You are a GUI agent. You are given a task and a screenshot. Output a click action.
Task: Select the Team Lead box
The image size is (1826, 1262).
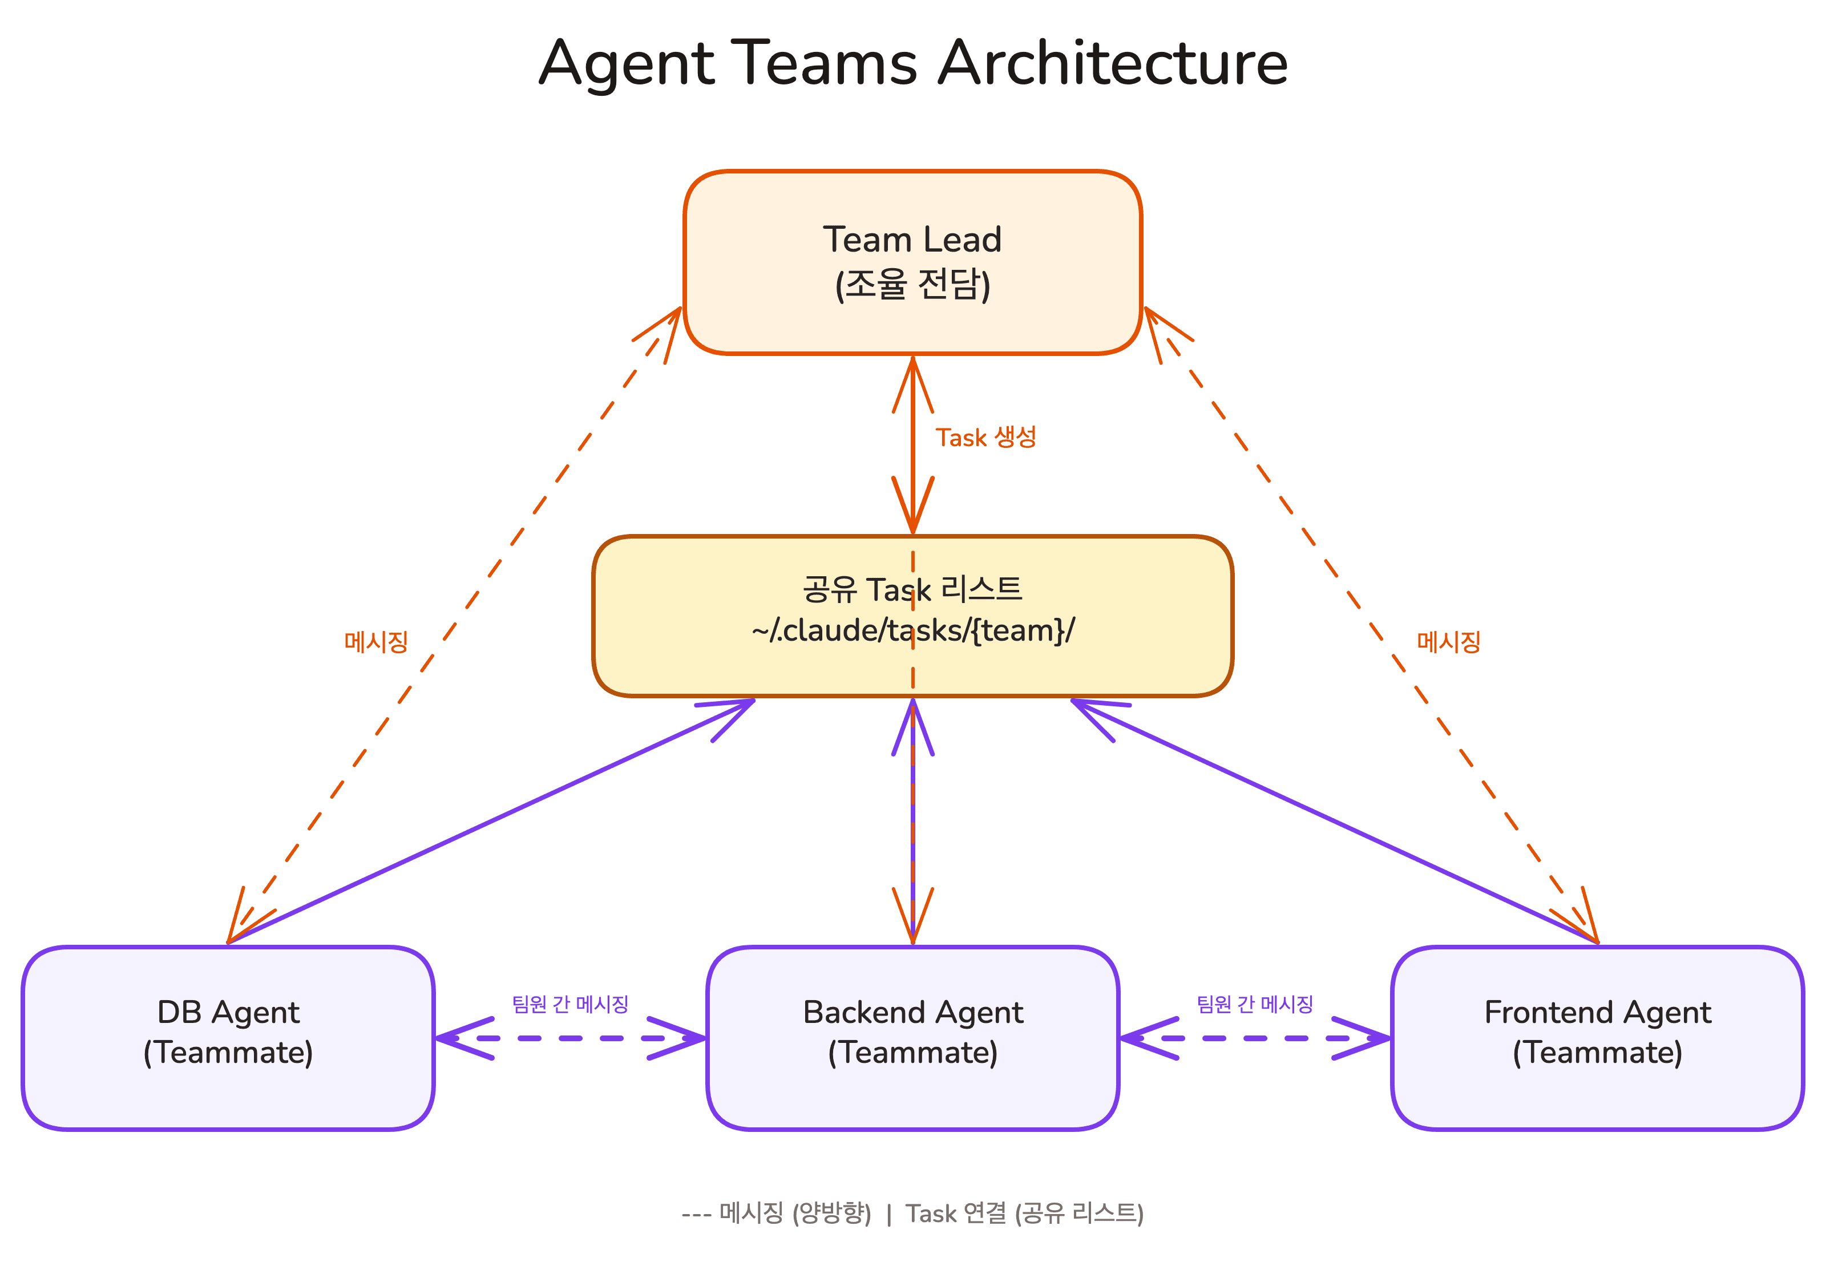click(912, 262)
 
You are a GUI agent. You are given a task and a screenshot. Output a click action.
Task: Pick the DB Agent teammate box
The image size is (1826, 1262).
click(228, 1037)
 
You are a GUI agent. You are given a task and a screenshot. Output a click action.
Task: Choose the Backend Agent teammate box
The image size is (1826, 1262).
click(912, 1037)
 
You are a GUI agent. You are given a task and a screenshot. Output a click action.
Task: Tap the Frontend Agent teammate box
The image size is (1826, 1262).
click(1597, 1037)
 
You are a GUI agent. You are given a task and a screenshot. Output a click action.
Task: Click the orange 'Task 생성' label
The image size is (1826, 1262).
click(985, 437)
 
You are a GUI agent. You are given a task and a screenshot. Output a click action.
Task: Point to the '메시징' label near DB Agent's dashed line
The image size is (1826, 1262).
click(375, 641)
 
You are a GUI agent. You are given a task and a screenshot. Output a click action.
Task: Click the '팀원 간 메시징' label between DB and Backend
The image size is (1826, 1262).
click(569, 1004)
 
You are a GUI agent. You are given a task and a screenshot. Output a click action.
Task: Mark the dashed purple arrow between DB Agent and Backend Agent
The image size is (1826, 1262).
click(569, 1038)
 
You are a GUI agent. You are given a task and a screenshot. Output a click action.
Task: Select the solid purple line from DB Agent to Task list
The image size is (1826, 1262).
click(490, 822)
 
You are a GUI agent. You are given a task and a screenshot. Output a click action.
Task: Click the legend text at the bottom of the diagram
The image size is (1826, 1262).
click(912, 1213)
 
